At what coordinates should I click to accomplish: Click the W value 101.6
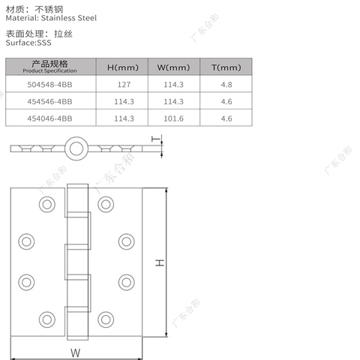(173, 118)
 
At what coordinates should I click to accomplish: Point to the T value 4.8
(226, 85)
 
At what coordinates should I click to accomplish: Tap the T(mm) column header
(225, 67)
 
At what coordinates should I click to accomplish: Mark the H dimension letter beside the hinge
(159, 262)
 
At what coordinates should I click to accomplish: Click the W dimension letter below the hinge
(76, 352)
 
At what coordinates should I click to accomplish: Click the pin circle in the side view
(75, 148)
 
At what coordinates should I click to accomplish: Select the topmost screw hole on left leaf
(46, 203)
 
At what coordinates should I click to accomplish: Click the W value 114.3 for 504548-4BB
(173, 85)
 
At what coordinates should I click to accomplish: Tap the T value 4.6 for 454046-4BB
(226, 118)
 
